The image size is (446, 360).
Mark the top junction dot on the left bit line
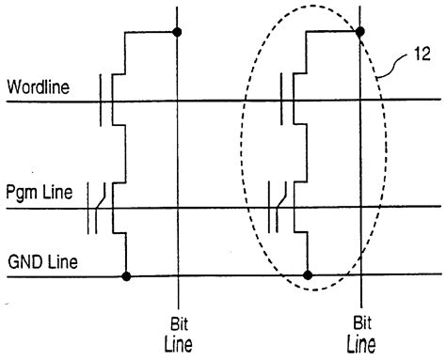click(177, 33)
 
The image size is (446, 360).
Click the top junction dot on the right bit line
click(359, 33)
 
